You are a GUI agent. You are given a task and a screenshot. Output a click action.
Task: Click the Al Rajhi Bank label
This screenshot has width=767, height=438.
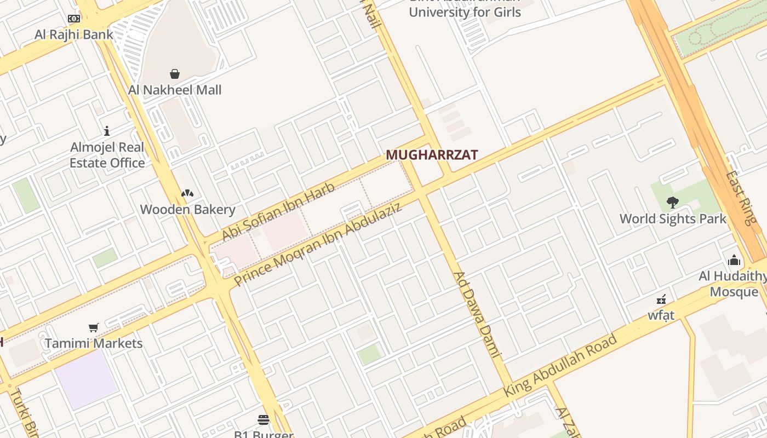(x=73, y=34)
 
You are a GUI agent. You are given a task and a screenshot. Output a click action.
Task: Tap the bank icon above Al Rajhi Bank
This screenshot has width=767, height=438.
(x=73, y=19)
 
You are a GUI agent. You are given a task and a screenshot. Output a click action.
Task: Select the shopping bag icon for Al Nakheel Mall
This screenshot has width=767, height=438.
(x=175, y=74)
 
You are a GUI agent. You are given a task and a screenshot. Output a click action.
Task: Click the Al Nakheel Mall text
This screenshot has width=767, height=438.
(x=175, y=90)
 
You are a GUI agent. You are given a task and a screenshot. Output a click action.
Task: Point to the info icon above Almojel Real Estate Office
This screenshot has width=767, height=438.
(x=107, y=131)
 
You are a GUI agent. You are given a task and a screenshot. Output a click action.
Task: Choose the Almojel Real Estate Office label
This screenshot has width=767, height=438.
(x=107, y=155)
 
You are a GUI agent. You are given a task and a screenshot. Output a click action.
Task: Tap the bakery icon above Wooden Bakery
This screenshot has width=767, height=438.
(x=187, y=193)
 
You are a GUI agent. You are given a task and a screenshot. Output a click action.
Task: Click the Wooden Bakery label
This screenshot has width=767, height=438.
(x=187, y=209)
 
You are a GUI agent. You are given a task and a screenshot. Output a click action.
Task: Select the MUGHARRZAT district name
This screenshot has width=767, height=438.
(x=432, y=155)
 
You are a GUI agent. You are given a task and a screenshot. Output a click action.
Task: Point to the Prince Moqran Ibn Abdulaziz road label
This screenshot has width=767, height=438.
(x=318, y=244)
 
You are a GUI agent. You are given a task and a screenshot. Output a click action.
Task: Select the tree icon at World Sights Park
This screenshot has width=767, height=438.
(x=673, y=203)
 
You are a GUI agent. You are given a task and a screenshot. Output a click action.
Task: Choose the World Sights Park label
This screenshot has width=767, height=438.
(x=673, y=218)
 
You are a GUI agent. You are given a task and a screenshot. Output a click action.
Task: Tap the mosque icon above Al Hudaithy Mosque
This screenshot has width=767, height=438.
(x=734, y=260)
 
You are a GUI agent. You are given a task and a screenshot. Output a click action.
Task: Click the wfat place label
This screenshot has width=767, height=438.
(x=661, y=315)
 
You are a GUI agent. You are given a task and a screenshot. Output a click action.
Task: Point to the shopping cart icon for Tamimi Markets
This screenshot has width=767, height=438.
(x=94, y=327)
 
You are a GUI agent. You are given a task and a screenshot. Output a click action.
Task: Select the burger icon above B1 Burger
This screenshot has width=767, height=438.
(x=264, y=420)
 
